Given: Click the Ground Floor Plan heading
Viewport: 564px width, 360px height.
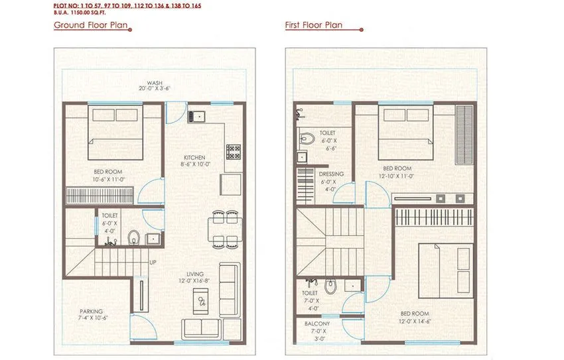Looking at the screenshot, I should tap(91, 26).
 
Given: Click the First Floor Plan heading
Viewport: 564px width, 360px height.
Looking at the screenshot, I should tap(314, 26).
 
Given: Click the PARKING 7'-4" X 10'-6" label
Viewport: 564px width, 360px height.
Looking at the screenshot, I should tap(92, 315).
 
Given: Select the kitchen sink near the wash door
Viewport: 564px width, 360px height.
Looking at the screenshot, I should tap(196, 117).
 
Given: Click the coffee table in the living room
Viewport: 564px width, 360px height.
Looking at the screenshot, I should tap(202, 302).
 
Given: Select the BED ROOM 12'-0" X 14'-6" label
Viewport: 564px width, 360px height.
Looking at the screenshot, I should tap(414, 318).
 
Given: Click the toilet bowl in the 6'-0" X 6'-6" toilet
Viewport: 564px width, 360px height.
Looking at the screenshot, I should tap(307, 139).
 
